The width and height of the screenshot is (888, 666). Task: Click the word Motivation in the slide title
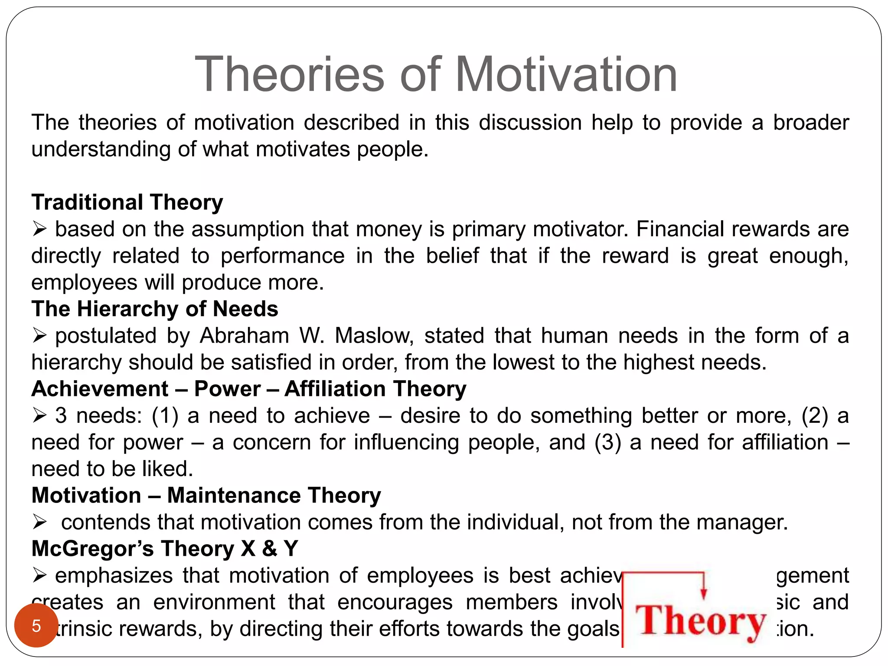click(566, 75)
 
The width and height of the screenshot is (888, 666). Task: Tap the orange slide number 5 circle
click(36, 626)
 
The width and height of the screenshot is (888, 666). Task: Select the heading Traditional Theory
click(127, 202)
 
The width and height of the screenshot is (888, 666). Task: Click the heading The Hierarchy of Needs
click(155, 309)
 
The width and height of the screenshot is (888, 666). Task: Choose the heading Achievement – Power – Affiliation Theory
click(249, 389)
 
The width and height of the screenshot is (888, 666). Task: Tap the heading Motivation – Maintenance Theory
click(206, 496)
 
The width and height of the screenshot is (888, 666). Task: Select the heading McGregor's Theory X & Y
click(165, 549)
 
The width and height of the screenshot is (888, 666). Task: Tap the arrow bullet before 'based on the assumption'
click(39, 229)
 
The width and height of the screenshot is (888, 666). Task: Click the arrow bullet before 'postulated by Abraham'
click(39, 335)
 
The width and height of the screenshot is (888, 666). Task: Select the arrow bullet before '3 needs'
click(39, 415)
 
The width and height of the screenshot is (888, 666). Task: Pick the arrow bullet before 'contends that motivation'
click(39, 522)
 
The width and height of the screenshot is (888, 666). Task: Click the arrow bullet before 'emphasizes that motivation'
click(39, 575)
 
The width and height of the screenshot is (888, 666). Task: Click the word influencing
click(406, 443)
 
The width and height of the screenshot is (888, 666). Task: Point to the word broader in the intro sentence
click(810, 123)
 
